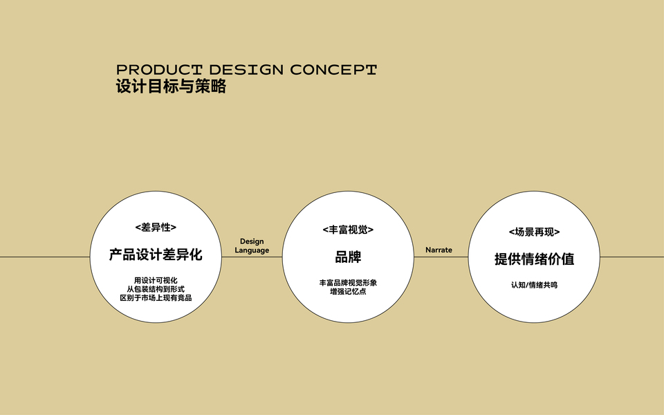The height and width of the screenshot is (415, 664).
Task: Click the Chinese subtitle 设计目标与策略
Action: pos(171,88)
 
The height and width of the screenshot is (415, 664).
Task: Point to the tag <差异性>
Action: pos(156,227)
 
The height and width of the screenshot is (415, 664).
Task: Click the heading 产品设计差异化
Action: pos(156,255)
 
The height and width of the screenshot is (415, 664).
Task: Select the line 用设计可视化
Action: pos(156,280)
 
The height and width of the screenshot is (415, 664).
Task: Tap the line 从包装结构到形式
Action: pos(156,289)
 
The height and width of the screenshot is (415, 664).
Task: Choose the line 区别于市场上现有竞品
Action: pos(156,298)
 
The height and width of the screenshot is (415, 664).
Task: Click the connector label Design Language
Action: pos(252,246)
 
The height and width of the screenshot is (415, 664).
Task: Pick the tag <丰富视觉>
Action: pos(348,229)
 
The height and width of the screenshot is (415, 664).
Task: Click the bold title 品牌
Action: pos(348,257)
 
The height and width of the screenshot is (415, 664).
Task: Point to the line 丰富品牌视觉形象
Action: pos(348,283)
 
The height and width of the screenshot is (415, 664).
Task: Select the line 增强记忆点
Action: pos(348,292)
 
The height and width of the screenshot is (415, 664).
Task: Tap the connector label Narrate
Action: pos(439,250)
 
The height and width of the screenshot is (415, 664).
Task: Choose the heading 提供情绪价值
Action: pos(534,259)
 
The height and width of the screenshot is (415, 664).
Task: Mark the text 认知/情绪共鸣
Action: pos(534,285)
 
